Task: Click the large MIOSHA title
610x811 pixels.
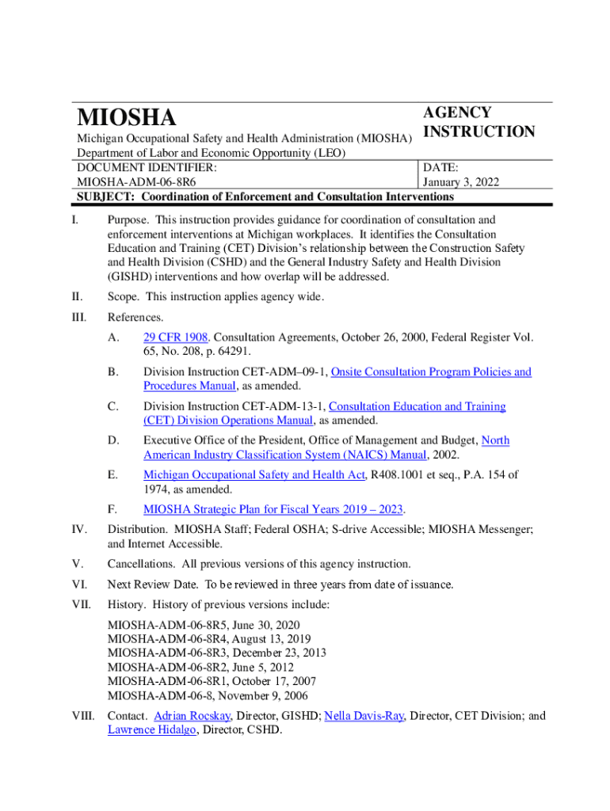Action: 127,118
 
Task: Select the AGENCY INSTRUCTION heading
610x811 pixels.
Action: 478,122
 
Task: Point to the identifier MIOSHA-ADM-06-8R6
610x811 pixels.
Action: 137,182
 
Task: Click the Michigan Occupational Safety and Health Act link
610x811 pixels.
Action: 254,474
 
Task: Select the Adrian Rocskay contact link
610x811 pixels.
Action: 193,716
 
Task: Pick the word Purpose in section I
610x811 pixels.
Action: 128,219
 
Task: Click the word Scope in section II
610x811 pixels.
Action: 124,296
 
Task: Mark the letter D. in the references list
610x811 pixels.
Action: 114,440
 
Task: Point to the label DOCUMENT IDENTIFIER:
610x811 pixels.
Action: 147,168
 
